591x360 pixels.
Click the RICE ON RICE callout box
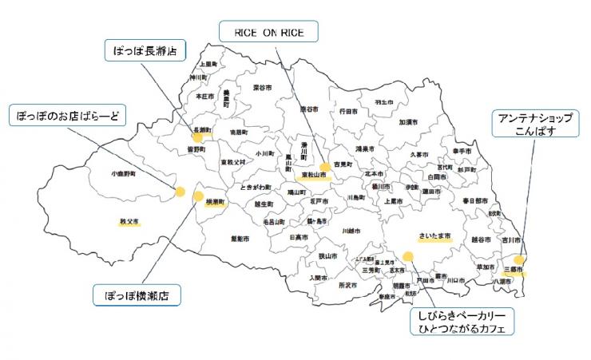[x=269, y=32]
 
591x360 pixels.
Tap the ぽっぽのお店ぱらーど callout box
[x=67, y=117]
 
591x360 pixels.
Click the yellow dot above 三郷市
[x=520, y=260]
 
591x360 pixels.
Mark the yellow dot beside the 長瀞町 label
[x=197, y=136]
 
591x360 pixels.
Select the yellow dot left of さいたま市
[x=408, y=257]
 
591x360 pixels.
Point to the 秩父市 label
[x=129, y=221]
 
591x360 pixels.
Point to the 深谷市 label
[x=263, y=87]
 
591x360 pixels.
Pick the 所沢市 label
[x=347, y=285]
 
